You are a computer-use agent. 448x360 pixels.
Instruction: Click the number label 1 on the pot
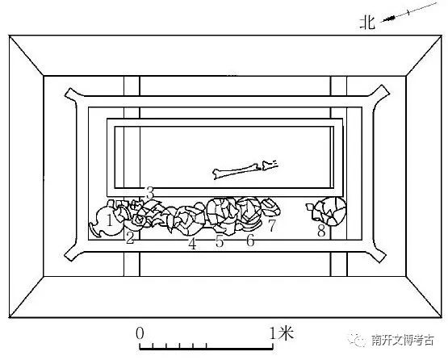[x=110, y=220]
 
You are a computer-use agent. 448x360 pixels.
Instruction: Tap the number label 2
[x=130, y=237]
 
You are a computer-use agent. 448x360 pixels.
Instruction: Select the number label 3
[x=150, y=192]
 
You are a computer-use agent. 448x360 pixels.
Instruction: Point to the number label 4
[x=192, y=244]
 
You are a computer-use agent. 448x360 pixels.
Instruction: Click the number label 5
[x=219, y=241]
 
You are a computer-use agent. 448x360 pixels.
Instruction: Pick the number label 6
[x=250, y=240]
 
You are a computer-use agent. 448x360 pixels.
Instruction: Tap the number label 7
[x=272, y=225]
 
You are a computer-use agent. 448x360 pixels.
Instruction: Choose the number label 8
[x=321, y=231]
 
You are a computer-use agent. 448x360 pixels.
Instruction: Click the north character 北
[x=367, y=23]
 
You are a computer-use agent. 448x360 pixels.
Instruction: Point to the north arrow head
[x=388, y=19]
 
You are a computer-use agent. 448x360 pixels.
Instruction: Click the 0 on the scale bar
[x=140, y=333]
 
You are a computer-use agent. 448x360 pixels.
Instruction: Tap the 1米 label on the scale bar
[x=282, y=333]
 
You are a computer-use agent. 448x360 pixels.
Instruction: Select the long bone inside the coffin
[x=236, y=172]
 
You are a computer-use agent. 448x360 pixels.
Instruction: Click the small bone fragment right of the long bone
[x=270, y=165]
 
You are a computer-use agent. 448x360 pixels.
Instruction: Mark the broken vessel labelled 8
[x=327, y=211]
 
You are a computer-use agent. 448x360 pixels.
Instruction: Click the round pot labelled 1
[x=107, y=222]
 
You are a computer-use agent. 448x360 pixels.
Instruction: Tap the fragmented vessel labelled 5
[x=223, y=215]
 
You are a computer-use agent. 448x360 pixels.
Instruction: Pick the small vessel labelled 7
[x=271, y=207]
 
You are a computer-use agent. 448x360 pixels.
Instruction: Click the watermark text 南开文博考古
[x=403, y=340]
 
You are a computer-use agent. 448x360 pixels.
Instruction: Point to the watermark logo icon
[x=357, y=340]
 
